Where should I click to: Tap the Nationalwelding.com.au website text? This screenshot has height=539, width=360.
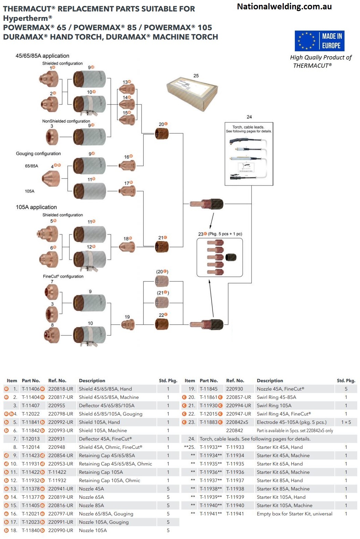coord(284,6)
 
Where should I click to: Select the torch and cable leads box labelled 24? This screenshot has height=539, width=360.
coord(249,154)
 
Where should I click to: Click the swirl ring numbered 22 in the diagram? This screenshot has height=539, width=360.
coord(161,324)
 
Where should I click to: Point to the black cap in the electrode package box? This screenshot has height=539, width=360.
coord(231,257)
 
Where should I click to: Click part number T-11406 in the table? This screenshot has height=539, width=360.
coord(31,389)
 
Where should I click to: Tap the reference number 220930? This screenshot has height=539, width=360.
coord(234,389)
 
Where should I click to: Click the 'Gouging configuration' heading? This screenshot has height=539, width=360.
coord(38,154)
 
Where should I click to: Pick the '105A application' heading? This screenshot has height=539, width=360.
coord(36,207)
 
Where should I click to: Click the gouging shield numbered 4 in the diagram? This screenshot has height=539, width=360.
coord(51,179)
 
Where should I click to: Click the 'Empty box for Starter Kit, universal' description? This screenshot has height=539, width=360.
coord(294,514)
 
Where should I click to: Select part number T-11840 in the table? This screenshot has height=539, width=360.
coord(31,530)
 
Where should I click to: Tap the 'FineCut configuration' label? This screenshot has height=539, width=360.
coord(63,276)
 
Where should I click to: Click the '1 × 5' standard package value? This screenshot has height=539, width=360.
coord(346,422)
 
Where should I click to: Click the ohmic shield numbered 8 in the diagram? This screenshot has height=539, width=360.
coord(52,335)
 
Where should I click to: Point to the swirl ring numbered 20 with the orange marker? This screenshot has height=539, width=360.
coord(162,133)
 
